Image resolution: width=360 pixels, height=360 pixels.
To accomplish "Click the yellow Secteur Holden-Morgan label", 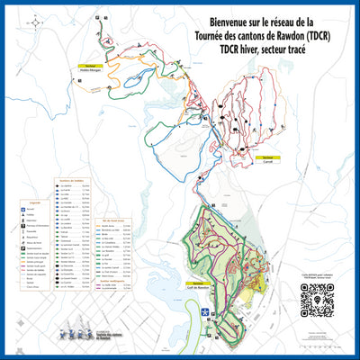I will click(x=90, y=68).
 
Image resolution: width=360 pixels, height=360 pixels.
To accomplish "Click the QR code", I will click(x=317, y=301).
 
